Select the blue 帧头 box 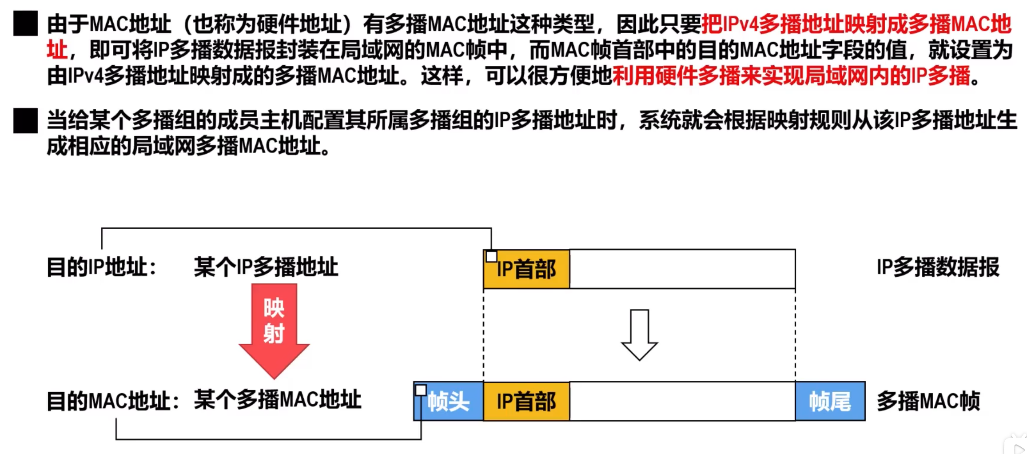click(x=449, y=402)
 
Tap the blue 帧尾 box click(x=830, y=402)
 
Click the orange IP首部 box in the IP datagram click(x=526, y=269)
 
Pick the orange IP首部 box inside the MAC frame click(x=526, y=402)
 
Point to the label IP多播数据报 click(x=938, y=267)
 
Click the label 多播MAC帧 click(x=928, y=402)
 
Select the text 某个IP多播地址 click(x=266, y=267)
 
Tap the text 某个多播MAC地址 click(x=278, y=400)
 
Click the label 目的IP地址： click(x=102, y=267)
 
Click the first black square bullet click(x=25, y=24)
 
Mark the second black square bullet click(x=25, y=121)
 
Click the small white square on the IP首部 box click(x=491, y=256)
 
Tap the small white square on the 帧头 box click(x=421, y=390)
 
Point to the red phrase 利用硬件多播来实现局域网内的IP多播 click(x=791, y=76)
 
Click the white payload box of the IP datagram click(x=682, y=269)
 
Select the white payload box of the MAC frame click(x=682, y=402)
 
